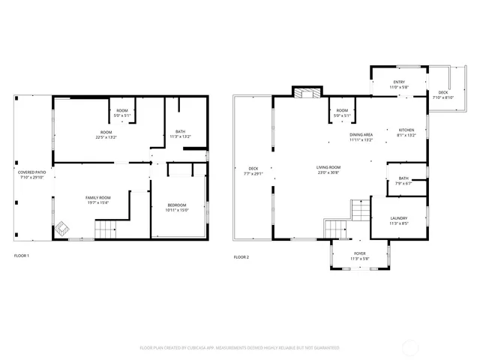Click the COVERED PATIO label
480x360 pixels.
pos(32,175)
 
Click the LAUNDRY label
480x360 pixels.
pos(398,220)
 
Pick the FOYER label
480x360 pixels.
pos(360,256)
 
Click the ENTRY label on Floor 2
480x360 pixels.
pos(398,85)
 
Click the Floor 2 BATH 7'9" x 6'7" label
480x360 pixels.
pos(403,181)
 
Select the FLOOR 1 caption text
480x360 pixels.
pos(22,257)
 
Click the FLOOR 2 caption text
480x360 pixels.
pos(241,257)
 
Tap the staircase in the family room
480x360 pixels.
pos(105,229)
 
